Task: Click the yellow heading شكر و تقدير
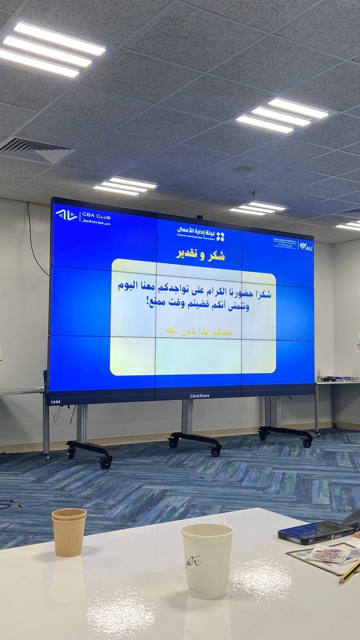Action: point(200,255)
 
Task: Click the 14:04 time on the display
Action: point(55,402)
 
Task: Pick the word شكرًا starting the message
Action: point(261,294)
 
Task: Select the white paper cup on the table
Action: point(207,560)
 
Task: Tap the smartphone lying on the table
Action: point(315,532)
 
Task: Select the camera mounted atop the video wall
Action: point(199,218)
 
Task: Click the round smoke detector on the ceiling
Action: point(244,170)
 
